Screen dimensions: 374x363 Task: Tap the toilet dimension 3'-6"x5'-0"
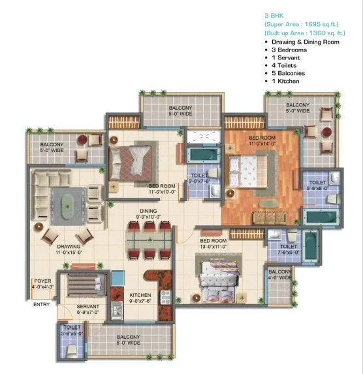pos(71,332)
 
